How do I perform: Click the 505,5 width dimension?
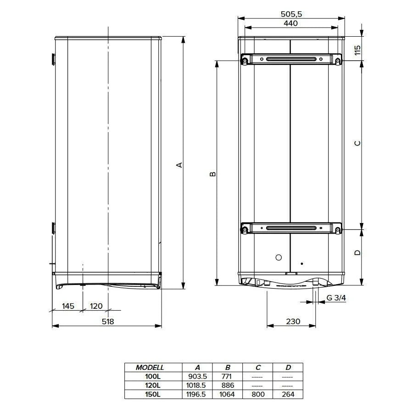pyautogui.click(x=291, y=14)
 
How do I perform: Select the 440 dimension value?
pyautogui.click(x=291, y=23)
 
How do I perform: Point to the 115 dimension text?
pyautogui.click(x=357, y=50)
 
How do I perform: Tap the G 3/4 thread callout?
pyautogui.click(x=336, y=298)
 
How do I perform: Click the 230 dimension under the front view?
pyautogui.click(x=293, y=321)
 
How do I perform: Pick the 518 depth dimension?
pyautogui.click(x=108, y=321)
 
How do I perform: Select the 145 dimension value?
pyautogui.click(x=68, y=306)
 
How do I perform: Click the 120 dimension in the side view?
pyautogui.click(x=96, y=306)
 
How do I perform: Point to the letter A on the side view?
pyautogui.click(x=179, y=165)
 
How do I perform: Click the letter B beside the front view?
pyautogui.click(x=213, y=174)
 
